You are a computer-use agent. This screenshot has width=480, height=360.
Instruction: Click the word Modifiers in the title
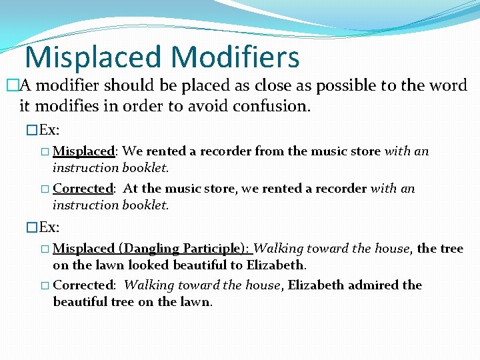(x=231, y=57)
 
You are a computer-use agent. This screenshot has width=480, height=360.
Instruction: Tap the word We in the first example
(x=132, y=151)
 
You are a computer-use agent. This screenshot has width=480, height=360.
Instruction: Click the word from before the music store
(x=269, y=151)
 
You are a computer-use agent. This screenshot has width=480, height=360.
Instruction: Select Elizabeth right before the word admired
(x=318, y=285)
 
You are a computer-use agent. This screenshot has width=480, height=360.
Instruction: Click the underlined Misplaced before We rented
(x=83, y=151)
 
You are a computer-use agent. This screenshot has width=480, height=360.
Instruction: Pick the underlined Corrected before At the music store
(x=83, y=189)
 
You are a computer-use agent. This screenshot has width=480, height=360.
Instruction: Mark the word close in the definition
(x=261, y=85)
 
